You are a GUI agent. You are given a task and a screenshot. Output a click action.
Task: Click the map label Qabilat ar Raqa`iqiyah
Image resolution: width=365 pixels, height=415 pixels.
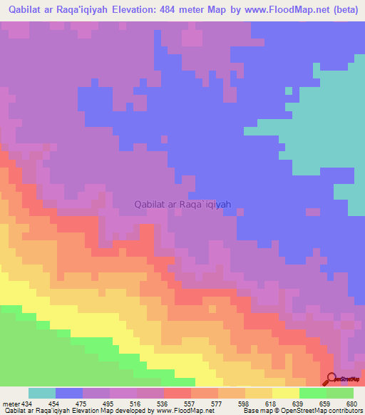tap(183, 204)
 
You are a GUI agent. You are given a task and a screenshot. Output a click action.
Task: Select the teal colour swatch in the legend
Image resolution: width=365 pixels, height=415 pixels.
tap(42, 393)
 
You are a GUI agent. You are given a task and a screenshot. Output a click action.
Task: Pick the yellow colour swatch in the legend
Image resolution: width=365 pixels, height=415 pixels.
tap(286, 393)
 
